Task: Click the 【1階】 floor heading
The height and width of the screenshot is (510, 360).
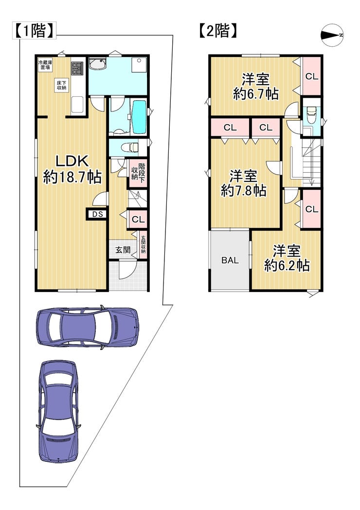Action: [34, 31]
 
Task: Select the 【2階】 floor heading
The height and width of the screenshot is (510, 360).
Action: [217, 31]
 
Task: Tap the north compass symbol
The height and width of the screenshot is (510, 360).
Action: [332, 35]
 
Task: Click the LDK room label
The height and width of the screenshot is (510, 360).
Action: [72, 161]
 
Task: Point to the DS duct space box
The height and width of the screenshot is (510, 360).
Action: [97, 214]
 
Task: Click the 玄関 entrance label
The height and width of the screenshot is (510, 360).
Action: [123, 250]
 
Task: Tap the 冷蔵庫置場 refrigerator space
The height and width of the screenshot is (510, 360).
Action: [45, 65]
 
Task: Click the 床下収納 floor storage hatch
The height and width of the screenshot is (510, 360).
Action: [61, 85]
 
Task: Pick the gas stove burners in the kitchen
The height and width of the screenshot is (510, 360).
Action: [77, 68]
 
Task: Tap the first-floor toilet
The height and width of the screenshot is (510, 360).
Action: [130, 148]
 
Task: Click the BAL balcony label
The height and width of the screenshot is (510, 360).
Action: [230, 260]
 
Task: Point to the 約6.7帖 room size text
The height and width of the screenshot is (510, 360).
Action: [256, 94]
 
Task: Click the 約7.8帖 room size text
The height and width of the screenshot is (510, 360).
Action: [244, 190]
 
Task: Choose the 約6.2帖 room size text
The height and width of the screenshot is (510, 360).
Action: [287, 266]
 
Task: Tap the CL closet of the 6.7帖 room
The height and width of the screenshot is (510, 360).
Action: [311, 76]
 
